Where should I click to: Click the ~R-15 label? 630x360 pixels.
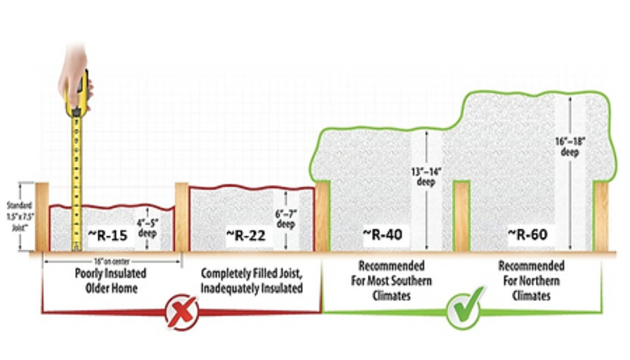pos(108,235)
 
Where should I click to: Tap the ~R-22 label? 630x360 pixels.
pos(246,235)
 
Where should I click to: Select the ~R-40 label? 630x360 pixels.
pos(382,234)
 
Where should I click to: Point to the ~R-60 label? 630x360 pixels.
pos(527,234)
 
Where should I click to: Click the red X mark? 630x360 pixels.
pos(181,312)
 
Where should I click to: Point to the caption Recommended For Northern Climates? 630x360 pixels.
pos(531,280)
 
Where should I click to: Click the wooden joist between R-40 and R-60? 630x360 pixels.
pos(461,216)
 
